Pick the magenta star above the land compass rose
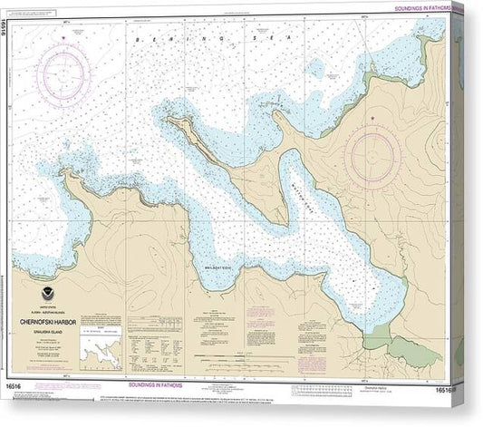(373, 118)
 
